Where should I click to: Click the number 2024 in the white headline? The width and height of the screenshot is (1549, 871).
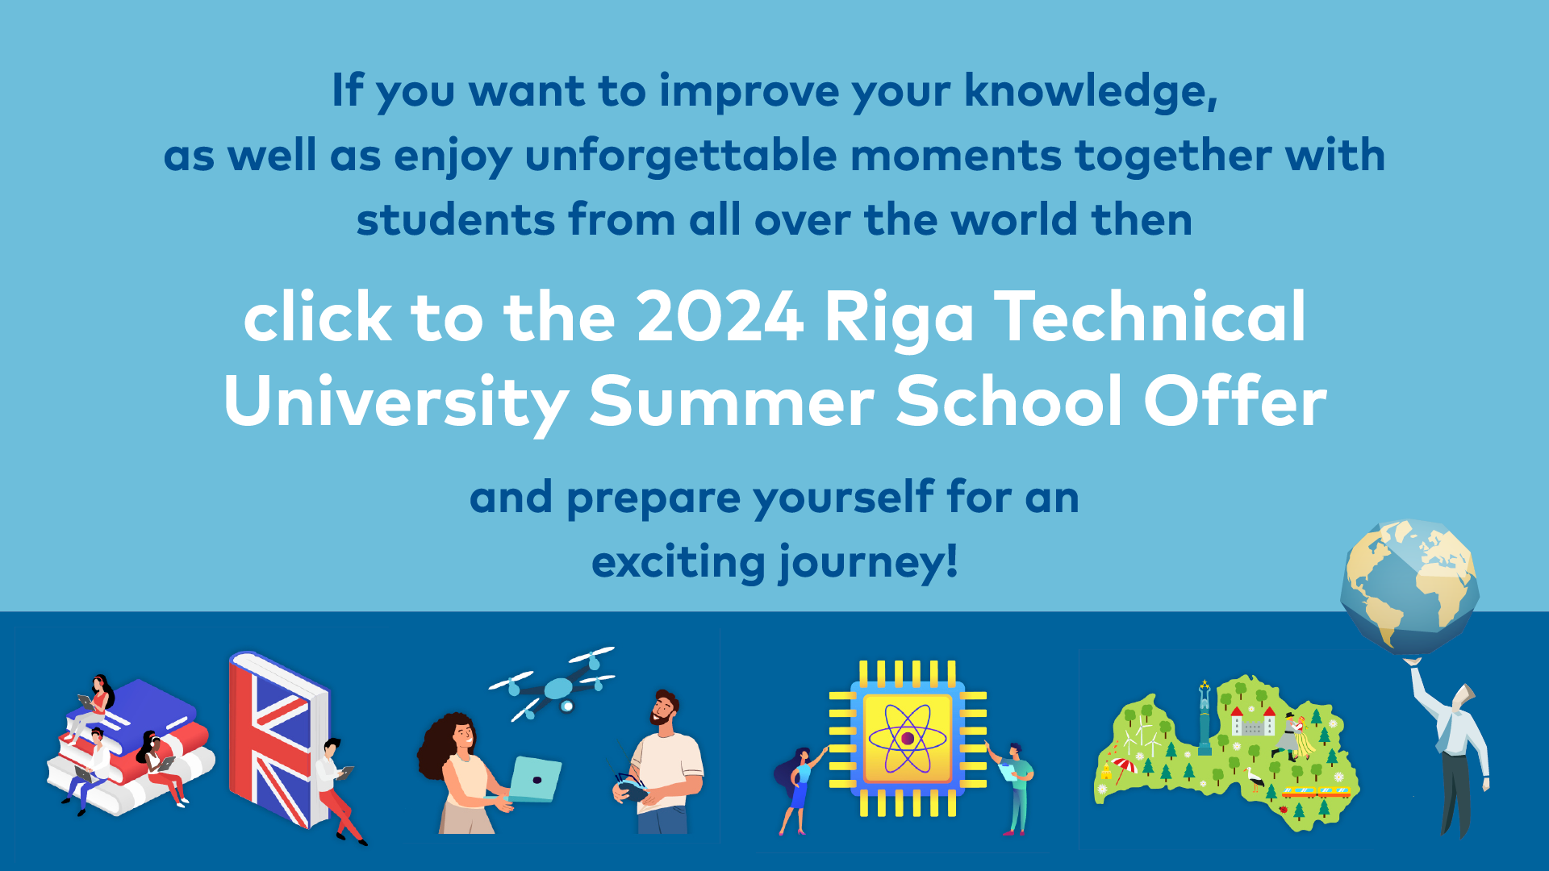pyautogui.click(x=720, y=317)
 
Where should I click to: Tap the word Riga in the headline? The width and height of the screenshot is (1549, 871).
pyautogui.click(x=899, y=321)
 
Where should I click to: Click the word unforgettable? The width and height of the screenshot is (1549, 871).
pyautogui.click(x=681, y=155)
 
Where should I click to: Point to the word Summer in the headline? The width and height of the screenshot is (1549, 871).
pyautogui.click(x=732, y=401)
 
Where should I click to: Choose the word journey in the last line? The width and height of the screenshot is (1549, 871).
pyautogui.click(x=862, y=563)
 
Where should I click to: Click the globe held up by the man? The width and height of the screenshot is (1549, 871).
pyautogui.click(x=1409, y=587)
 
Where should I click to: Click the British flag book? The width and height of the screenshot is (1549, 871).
pyautogui.click(x=278, y=738)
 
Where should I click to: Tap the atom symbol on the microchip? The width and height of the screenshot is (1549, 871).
pyautogui.click(x=908, y=738)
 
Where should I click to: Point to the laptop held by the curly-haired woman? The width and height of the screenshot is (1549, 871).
pyautogui.click(x=534, y=779)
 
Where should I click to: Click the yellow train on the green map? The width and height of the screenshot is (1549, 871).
pyautogui.click(x=1316, y=792)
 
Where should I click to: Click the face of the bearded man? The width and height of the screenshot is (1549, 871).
pyautogui.click(x=664, y=709)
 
